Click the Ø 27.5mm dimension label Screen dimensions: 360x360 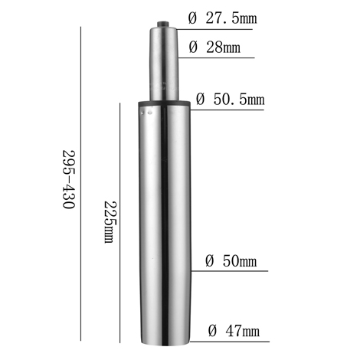(x=223, y=18)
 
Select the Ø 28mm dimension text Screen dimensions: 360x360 (x=214, y=47)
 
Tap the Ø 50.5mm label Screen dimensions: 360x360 (x=231, y=99)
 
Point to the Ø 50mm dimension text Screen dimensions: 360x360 (x=231, y=261)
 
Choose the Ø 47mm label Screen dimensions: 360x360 (x=234, y=331)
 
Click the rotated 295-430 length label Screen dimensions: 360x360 (x=69, y=179)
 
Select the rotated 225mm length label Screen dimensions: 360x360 (x=110, y=222)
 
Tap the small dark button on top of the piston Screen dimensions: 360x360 (x=163, y=25)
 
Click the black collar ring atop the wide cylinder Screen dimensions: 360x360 (x=164, y=103)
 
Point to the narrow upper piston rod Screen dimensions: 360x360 (x=164, y=64)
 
